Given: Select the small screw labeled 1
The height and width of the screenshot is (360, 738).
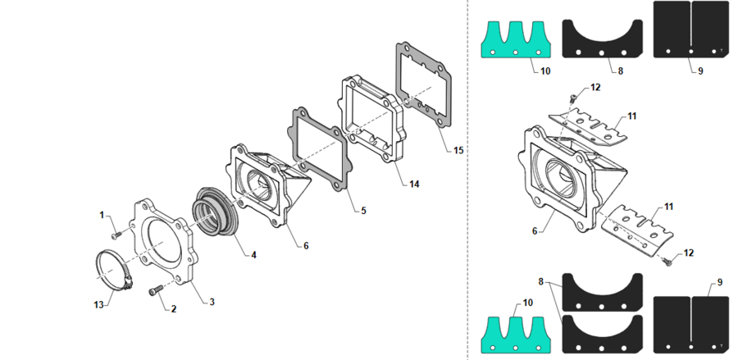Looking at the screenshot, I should point(116,232).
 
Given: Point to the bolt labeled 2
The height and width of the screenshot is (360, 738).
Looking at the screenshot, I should point(155,291).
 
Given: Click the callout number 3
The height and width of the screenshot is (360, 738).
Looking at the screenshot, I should point(212,302).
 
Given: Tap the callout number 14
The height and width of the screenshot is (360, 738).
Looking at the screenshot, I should point(414,185).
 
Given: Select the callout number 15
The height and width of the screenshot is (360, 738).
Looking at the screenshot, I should point(458,150).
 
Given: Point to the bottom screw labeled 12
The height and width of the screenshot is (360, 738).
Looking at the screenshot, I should point(667,262).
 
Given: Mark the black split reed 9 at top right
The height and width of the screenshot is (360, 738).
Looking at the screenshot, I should point(692,30).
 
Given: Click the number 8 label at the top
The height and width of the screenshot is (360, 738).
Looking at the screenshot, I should point(621,71).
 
